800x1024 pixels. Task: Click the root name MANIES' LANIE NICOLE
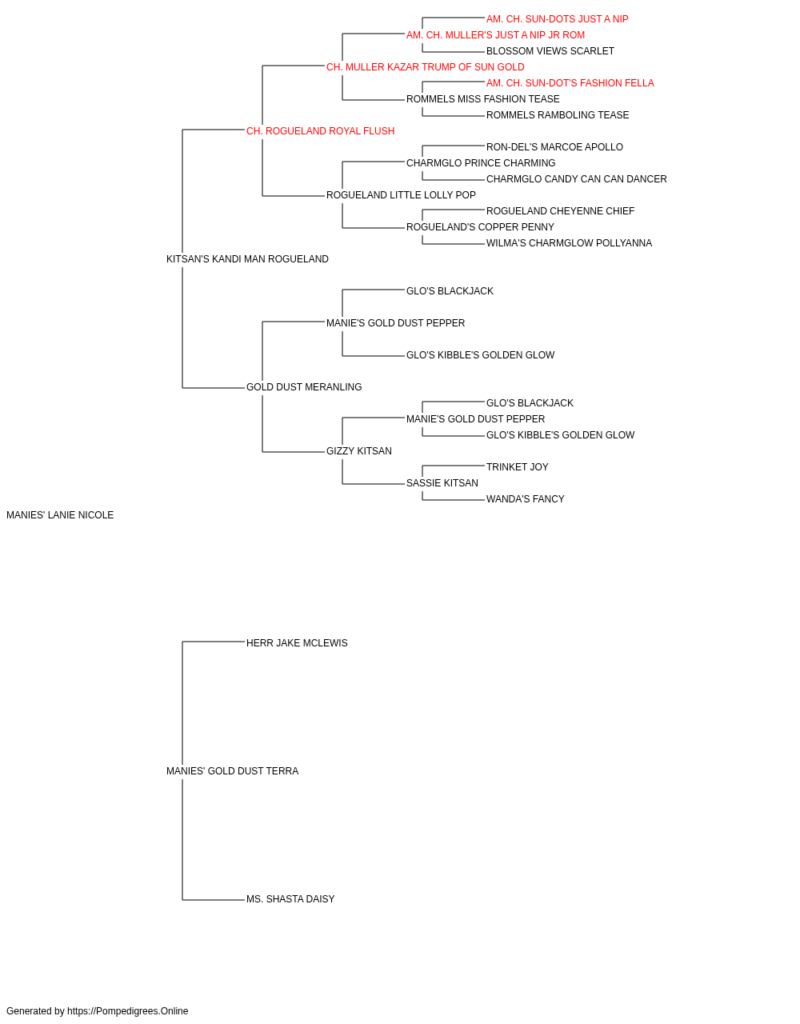(x=60, y=515)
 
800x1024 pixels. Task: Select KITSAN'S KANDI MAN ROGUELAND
(x=247, y=259)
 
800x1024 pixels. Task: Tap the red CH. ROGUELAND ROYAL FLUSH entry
(x=320, y=131)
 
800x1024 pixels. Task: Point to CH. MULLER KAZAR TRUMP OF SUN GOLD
(x=426, y=67)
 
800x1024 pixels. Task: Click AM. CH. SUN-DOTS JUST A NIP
(x=558, y=19)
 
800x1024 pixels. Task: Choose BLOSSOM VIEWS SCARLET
(x=550, y=51)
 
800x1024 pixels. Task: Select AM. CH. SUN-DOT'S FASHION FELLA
(x=570, y=83)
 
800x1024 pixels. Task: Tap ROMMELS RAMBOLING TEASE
(x=558, y=115)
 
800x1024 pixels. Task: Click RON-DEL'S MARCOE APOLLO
(x=554, y=147)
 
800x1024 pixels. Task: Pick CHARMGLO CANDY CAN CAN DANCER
(x=577, y=179)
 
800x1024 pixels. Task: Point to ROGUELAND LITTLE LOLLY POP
(x=401, y=195)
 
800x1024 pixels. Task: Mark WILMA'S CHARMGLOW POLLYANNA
(x=569, y=243)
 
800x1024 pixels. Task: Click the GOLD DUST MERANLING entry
(x=304, y=387)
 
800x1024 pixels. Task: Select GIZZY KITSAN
(x=359, y=451)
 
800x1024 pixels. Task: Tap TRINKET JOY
(x=518, y=467)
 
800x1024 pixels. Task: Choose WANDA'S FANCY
(x=526, y=499)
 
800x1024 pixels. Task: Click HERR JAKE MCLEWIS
(x=297, y=643)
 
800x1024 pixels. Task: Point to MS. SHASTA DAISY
(x=290, y=899)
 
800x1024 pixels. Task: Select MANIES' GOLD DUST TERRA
(x=232, y=771)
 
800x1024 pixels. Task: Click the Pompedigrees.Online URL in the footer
(x=128, y=1011)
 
